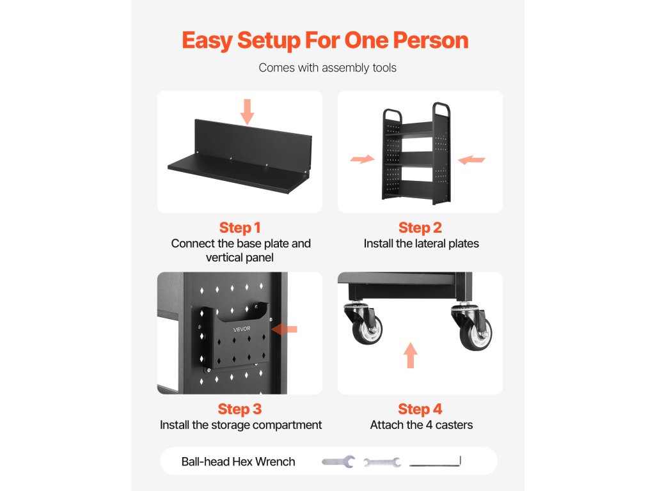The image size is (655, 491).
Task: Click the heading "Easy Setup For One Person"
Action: (325, 41)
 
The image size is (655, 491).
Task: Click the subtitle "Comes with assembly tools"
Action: (327, 68)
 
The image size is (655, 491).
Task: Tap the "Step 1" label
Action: (240, 228)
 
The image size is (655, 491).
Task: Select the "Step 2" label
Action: (420, 228)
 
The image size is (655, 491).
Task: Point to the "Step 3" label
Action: (240, 409)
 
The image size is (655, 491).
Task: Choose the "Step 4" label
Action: (420, 409)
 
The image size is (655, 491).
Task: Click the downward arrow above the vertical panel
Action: (248, 111)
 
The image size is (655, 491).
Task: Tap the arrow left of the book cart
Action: (362, 159)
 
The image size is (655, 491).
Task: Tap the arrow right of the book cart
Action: (471, 159)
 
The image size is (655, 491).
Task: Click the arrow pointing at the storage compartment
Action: (284, 329)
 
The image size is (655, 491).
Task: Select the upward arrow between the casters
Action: (411, 355)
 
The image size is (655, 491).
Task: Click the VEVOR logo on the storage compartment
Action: (242, 329)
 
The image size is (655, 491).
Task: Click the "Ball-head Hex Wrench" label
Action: (238, 462)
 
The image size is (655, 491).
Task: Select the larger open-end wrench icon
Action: (338, 462)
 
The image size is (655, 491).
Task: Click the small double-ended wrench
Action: (383, 462)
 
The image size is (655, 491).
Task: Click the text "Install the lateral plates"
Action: (421, 244)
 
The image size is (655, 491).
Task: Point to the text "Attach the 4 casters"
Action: (422, 425)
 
